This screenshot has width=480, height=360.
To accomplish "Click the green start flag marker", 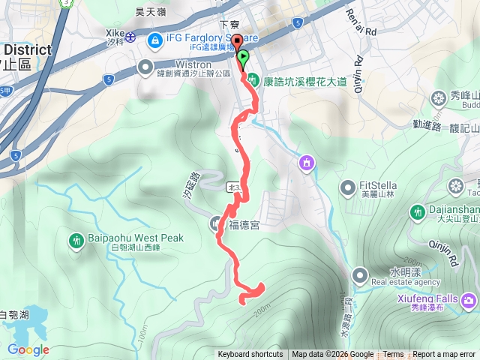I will pyautogui.click(x=243, y=57).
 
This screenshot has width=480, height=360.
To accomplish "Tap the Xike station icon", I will pyautogui.click(x=130, y=37).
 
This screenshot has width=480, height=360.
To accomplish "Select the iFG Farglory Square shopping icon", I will pyautogui.click(x=155, y=39).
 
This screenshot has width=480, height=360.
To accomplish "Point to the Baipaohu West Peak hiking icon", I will pyautogui.click(x=76, y=241).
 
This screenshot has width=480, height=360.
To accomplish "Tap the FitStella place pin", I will pyautogui.click(x=346, y=186).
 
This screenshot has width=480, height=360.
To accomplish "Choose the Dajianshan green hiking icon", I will pyautogui.click(x=418, y=212).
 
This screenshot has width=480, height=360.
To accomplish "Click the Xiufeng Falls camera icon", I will pyautogui.click(x=469, y=300).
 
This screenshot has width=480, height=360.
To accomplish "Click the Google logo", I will pyautogui.click(x=28, y=349).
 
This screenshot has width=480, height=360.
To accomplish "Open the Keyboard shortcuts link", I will pyautogui.click(x=250, y=355).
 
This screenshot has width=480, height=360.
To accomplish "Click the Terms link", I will pyautogui.click(x=393, y=355).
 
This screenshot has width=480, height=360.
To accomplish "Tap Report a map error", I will pyautogui.click(x=445, y=355).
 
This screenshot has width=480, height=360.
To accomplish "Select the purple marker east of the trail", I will pyautogui.click(x=306, y=162).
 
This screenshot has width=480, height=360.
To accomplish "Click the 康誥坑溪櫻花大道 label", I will pyautogui.click(x=306, y=79).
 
